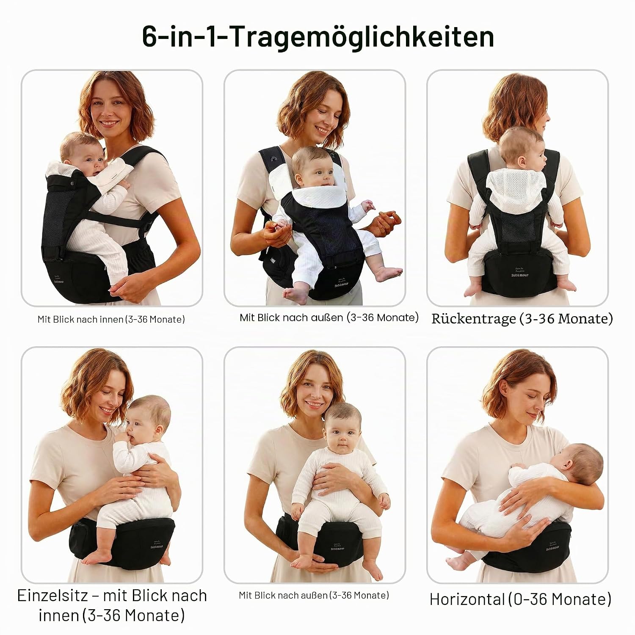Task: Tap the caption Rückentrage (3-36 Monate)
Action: (x=522, y=318)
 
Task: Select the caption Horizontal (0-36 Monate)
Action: (x=521, y=599)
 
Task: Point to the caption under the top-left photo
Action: (x=111, y=319)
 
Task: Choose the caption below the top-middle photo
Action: (x=329, y=317)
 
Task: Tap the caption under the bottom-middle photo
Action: (x=314, y=595)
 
